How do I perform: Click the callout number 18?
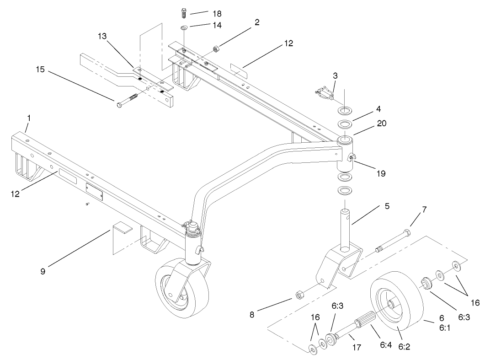pos(213,12)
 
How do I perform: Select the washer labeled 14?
pos(183,28)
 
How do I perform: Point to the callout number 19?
pos(381,173)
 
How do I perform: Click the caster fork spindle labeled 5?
pos(346,226)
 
